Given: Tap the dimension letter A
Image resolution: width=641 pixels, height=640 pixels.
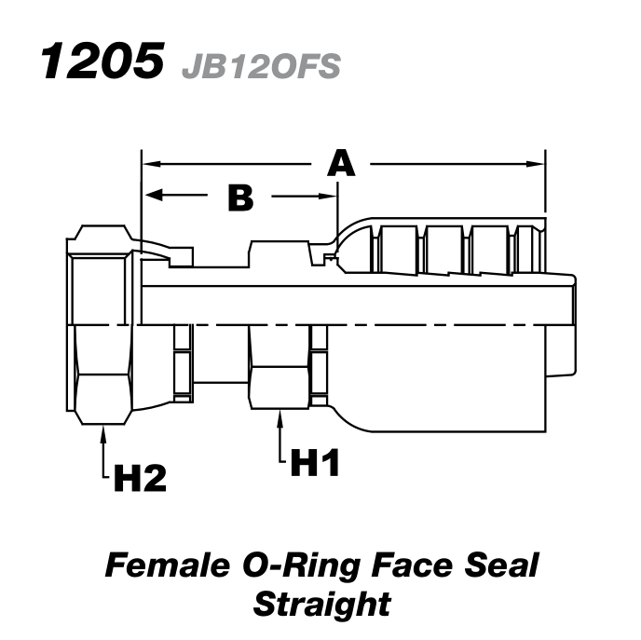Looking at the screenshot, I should tap(342, 164).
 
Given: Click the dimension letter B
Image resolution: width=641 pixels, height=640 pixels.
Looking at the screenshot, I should tap(240, 197).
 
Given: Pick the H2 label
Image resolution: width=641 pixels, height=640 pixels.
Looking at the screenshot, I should tap(140, 479).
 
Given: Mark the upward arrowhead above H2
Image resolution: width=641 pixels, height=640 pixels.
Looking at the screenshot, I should tap(102, 431).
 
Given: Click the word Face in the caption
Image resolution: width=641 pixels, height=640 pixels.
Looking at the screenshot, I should tap(404, 565).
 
